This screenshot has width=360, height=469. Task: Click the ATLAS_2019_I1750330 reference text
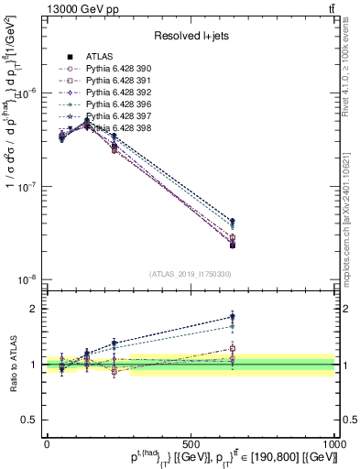pyautogui.click(x=191, y=274)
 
